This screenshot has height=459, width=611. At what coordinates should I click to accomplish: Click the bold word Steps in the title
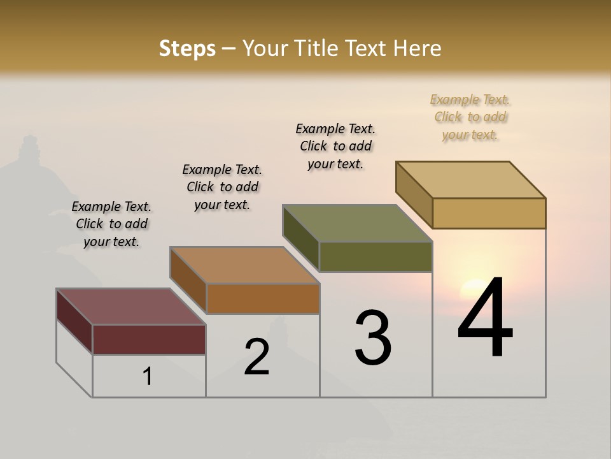[x=187, y=48]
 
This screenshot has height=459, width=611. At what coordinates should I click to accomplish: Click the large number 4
[x=485, y=318]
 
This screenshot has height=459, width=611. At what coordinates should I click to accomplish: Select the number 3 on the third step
[x=373, y=338]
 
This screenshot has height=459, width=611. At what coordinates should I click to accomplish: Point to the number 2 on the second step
[x=256, y=357]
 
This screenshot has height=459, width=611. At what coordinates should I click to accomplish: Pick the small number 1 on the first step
[x=148, y=376]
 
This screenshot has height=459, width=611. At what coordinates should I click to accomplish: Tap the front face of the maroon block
[x=149, y=339]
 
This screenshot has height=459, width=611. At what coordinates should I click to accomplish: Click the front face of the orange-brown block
[x=262, y=298]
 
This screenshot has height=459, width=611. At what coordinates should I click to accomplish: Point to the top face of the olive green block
[x=357, y=223]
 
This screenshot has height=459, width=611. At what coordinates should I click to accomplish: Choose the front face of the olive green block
[x=376, y=256]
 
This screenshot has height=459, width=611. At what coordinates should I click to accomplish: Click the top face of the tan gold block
[x=471, y=179]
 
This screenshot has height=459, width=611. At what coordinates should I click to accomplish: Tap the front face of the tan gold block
[x=489, y=213]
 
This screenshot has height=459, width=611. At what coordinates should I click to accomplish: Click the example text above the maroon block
[x=111, y=224]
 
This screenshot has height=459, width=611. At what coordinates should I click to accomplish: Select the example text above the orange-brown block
[x=222, y=187]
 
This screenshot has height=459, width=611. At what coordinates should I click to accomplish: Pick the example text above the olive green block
[x=335, y=146]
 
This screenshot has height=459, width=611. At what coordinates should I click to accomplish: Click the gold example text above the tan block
[x=470, y=117]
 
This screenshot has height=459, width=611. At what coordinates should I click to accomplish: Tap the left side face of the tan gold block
[x=414, y=194]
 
